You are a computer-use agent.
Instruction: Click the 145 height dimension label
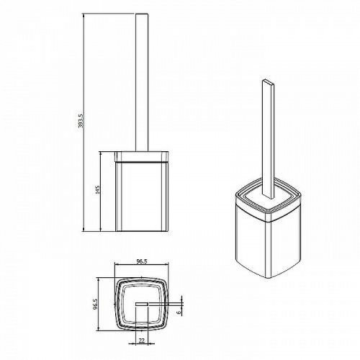(x=98, y=190)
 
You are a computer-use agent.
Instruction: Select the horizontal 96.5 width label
(x=142, y=261)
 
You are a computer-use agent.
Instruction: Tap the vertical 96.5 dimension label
(x=96, y=304)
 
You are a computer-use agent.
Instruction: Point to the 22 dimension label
(x=142, y=341)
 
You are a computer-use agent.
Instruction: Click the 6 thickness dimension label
(x=179, y=312)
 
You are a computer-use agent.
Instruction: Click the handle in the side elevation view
(x=142, y=83)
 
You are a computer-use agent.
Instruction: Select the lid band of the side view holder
(x=142, y=157)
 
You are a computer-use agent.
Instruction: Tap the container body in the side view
(x=142, y=197)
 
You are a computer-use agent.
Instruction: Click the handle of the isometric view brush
(x=268, y=139)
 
